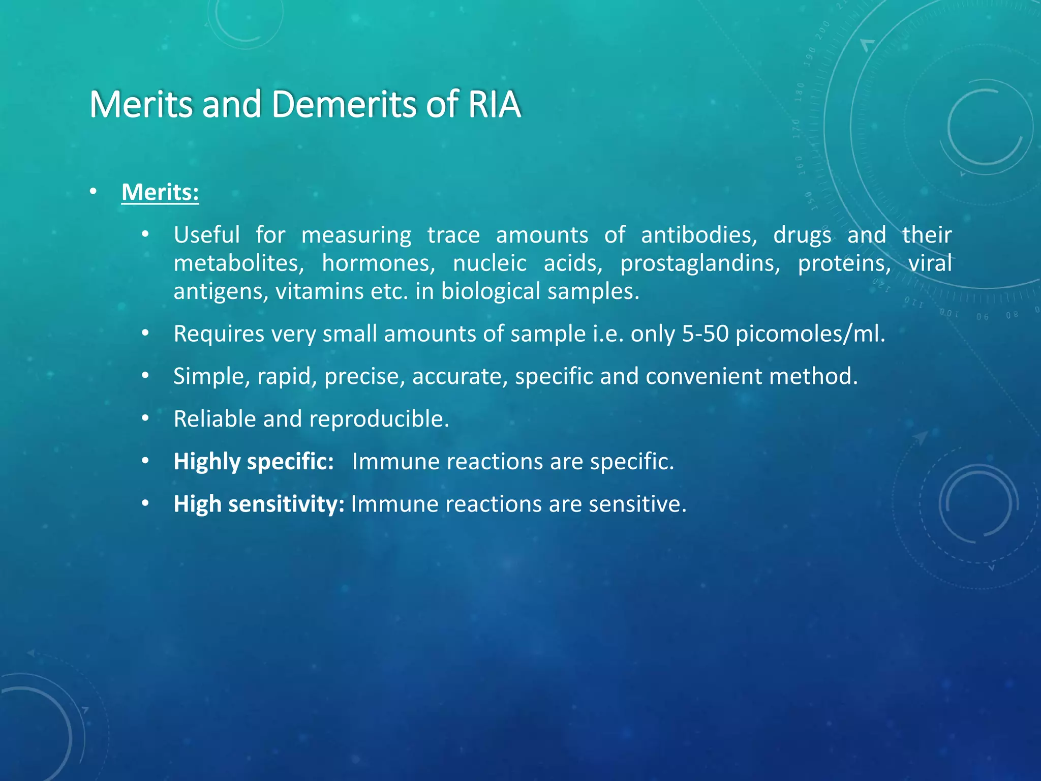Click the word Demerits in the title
coord(344,104)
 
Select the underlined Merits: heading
coord(160,192)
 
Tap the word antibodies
coord(698,235)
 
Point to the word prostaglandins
coord(699,263)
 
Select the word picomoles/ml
coord(810,334)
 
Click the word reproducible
coord(379,419)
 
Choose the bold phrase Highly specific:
coord(254,462)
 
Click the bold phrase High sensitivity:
coord(259,504)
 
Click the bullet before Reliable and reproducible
coord(145,418)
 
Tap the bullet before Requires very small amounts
coord(145,334)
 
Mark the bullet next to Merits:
coord(93,192)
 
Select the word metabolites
coord(238,263)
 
